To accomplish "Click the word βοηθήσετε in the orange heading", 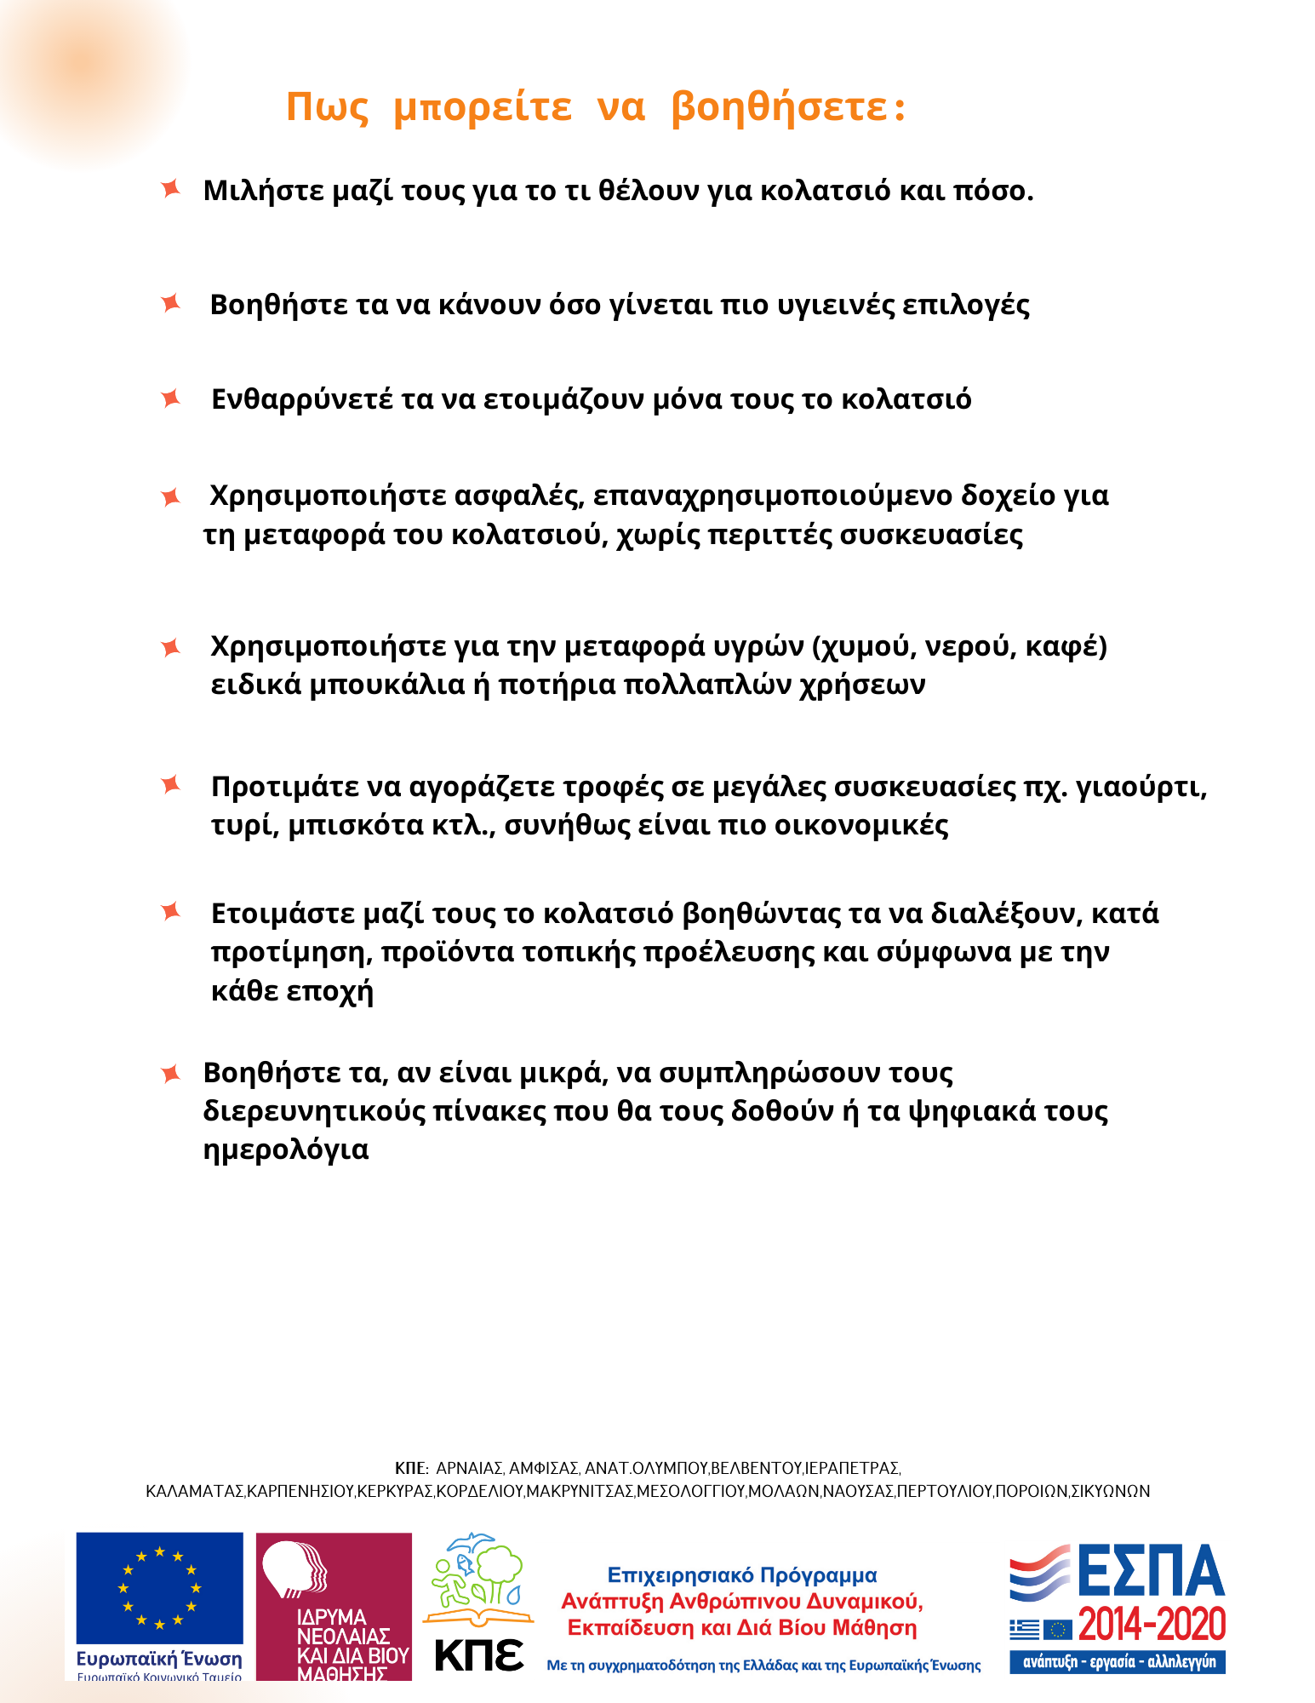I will click(x=788, y=107).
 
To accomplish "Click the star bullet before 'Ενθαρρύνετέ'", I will click(x=171, y=398).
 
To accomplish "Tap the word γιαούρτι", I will click(x=1141, y=787).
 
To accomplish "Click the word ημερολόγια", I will click(x=286, y=1150).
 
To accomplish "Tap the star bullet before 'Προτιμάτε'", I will click(x=171, y=784).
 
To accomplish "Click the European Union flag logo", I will click(x=159, y=1588).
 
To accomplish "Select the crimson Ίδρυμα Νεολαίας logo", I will click(x=334, y=1606).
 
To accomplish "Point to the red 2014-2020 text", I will click(x=1152, y=1625).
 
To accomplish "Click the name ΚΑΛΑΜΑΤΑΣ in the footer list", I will click(x=195, y=1491).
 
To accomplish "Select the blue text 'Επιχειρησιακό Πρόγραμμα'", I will click(x=742, y=1575).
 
